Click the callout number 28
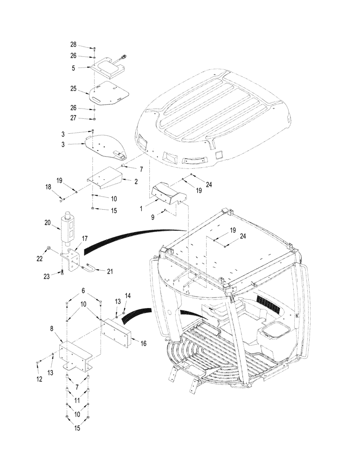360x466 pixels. [x=73, y=45]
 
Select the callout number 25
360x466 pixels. [x=73, y=88]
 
